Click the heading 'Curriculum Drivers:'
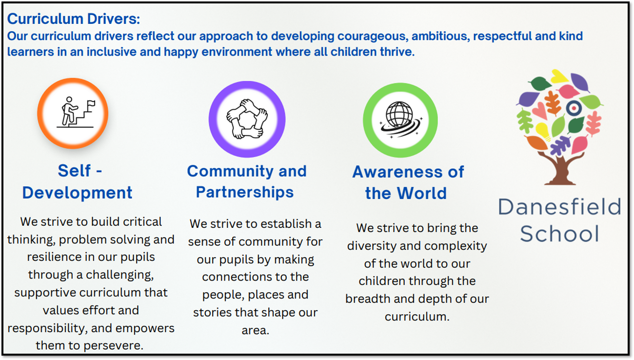point(74,19)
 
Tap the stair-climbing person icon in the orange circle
point(76,113)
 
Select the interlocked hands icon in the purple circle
point(247,119)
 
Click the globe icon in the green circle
point(400,119)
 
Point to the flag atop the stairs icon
point(91,103)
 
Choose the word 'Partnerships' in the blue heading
point(245,193)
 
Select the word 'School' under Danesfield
point(559,233)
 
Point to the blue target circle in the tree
point(574,108)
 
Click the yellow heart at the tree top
point(559,76)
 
